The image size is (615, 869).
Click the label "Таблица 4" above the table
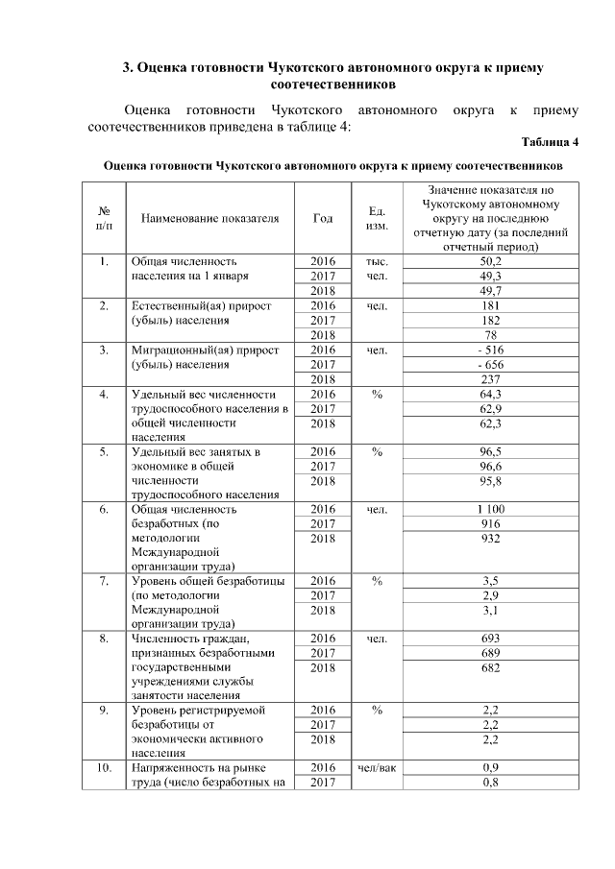pyautogui.click(x=550, y=143)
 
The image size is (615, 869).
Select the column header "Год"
pyautogui.click(x=324, y=218)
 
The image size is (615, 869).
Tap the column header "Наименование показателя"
pyautogui.click(x=209, y=218)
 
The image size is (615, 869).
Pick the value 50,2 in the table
pyautogui.click(x=491, y=261)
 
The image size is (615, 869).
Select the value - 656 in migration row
pyautogui.click(x=491, y=364)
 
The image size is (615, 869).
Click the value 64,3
pyautogui.click(x=491, y=394)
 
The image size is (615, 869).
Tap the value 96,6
pyautogui.click(x=491, y=465)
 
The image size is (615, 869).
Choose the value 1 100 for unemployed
pyautogui.click(x=491, y=509)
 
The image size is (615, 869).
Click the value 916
pyautogui.click(x=491, y=523)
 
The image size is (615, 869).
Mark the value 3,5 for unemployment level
pyautogui.click(x=491, y=581)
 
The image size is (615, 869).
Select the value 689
pyautogui.click(x=491, y=653)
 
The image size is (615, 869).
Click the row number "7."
pyautogui.click(x=103, y=581)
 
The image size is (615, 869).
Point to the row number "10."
pyautogui.click(x=103, y=768)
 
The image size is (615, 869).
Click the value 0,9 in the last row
pyautogui.click(x=491, y=768)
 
